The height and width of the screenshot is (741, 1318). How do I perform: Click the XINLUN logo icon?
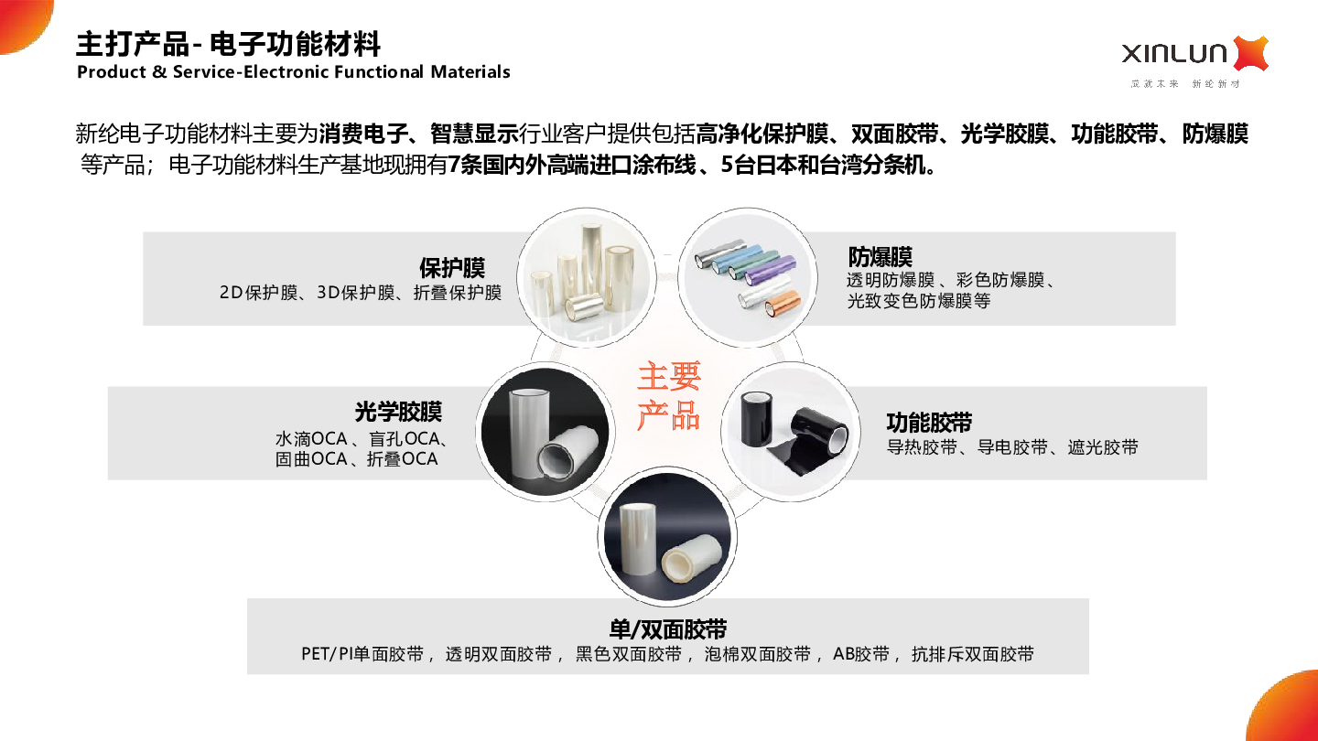click(x=1250, y=53)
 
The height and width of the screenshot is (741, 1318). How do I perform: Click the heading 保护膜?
click(x=452, y=268)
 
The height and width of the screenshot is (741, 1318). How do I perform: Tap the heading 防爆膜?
click(x=880, y=257)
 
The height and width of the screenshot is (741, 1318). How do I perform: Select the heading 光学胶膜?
click(x=398, y=412)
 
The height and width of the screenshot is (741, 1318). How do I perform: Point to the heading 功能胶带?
click(x=929, y=423)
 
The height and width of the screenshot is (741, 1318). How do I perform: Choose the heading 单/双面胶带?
click(x=668, y=629)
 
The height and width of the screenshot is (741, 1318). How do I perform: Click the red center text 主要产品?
click(x=668, y=396)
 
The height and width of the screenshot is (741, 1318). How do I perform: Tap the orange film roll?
click(x=783, y=302)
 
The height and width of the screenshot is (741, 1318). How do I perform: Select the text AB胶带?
click(x=861, y=654)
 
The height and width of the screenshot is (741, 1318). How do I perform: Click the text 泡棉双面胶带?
click(x=758, y=654)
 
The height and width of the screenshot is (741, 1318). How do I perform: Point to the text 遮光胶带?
click(x=1103, y=447)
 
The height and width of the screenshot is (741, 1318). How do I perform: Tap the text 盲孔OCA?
click(x=405, y=439)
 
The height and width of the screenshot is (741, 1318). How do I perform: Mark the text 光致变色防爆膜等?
click(x=919, y=301)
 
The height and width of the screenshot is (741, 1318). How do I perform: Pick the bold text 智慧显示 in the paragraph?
click(x=474, y=134)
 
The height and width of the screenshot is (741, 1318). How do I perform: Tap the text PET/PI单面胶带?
click(x=362, y=654)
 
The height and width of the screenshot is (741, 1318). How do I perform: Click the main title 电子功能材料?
click(x=295, y=44)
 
